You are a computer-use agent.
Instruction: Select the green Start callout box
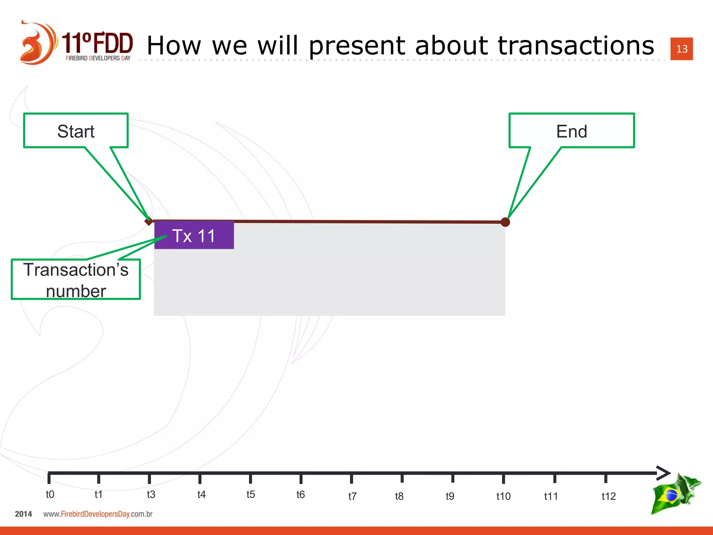click(x=76, y=131)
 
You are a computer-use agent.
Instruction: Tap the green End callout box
click(x=571, y=131)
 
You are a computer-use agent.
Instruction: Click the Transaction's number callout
click(x=76, y=280)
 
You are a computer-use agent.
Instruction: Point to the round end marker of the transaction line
click(x=505, y=222)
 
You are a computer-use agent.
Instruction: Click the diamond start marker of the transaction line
click(x=149, y=221)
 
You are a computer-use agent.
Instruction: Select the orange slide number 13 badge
click(x=681, y=49)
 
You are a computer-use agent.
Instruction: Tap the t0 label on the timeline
click(x=50, y=494)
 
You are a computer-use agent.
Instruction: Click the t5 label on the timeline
click(x=251, y=494)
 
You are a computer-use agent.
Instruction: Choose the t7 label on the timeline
click(x=352, y=496)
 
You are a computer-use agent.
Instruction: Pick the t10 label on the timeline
click(x=503, y=496)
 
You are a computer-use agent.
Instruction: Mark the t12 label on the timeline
click(x=609, y=496)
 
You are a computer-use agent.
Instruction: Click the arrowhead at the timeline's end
click(x=663, y=473)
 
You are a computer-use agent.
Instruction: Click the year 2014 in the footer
click(x=23, y=514)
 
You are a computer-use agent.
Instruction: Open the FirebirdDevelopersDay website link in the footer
click(x=98, y=514)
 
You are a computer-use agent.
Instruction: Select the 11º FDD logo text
click(x=97, y=44)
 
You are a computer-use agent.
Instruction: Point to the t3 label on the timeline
click(x=151, y=494)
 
